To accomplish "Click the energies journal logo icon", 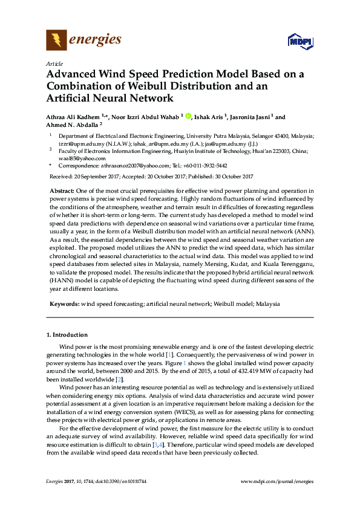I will [56, 41].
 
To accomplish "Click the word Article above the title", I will [53, 63].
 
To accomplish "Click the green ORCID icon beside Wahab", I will [188, 117].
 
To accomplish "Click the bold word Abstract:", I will [63, 190].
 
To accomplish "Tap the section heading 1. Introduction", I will [67, 334].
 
